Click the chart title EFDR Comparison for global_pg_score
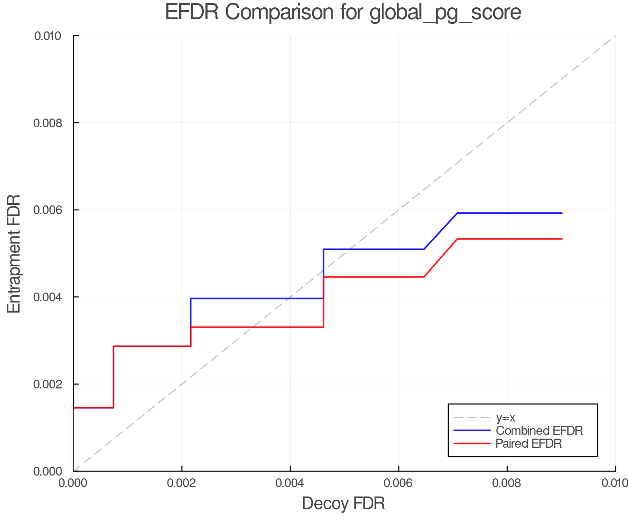[x=343, y=13]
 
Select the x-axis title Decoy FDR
[x=343, y=503]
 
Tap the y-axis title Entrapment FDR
[x=14, y=253]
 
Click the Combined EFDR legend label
[x=539, y=431]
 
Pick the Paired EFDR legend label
[x=529, y=444]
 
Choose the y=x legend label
[x=506, y=417]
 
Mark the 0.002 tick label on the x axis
[x=182, y=483]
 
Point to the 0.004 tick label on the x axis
[x=290, y=483]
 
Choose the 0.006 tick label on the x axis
[x=398, y=483]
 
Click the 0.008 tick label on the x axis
[x=507, y=483]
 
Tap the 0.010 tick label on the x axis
[x=615, y=483]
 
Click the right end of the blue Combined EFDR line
[x=562, y=213]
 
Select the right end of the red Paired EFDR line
[x=562, y=239]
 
